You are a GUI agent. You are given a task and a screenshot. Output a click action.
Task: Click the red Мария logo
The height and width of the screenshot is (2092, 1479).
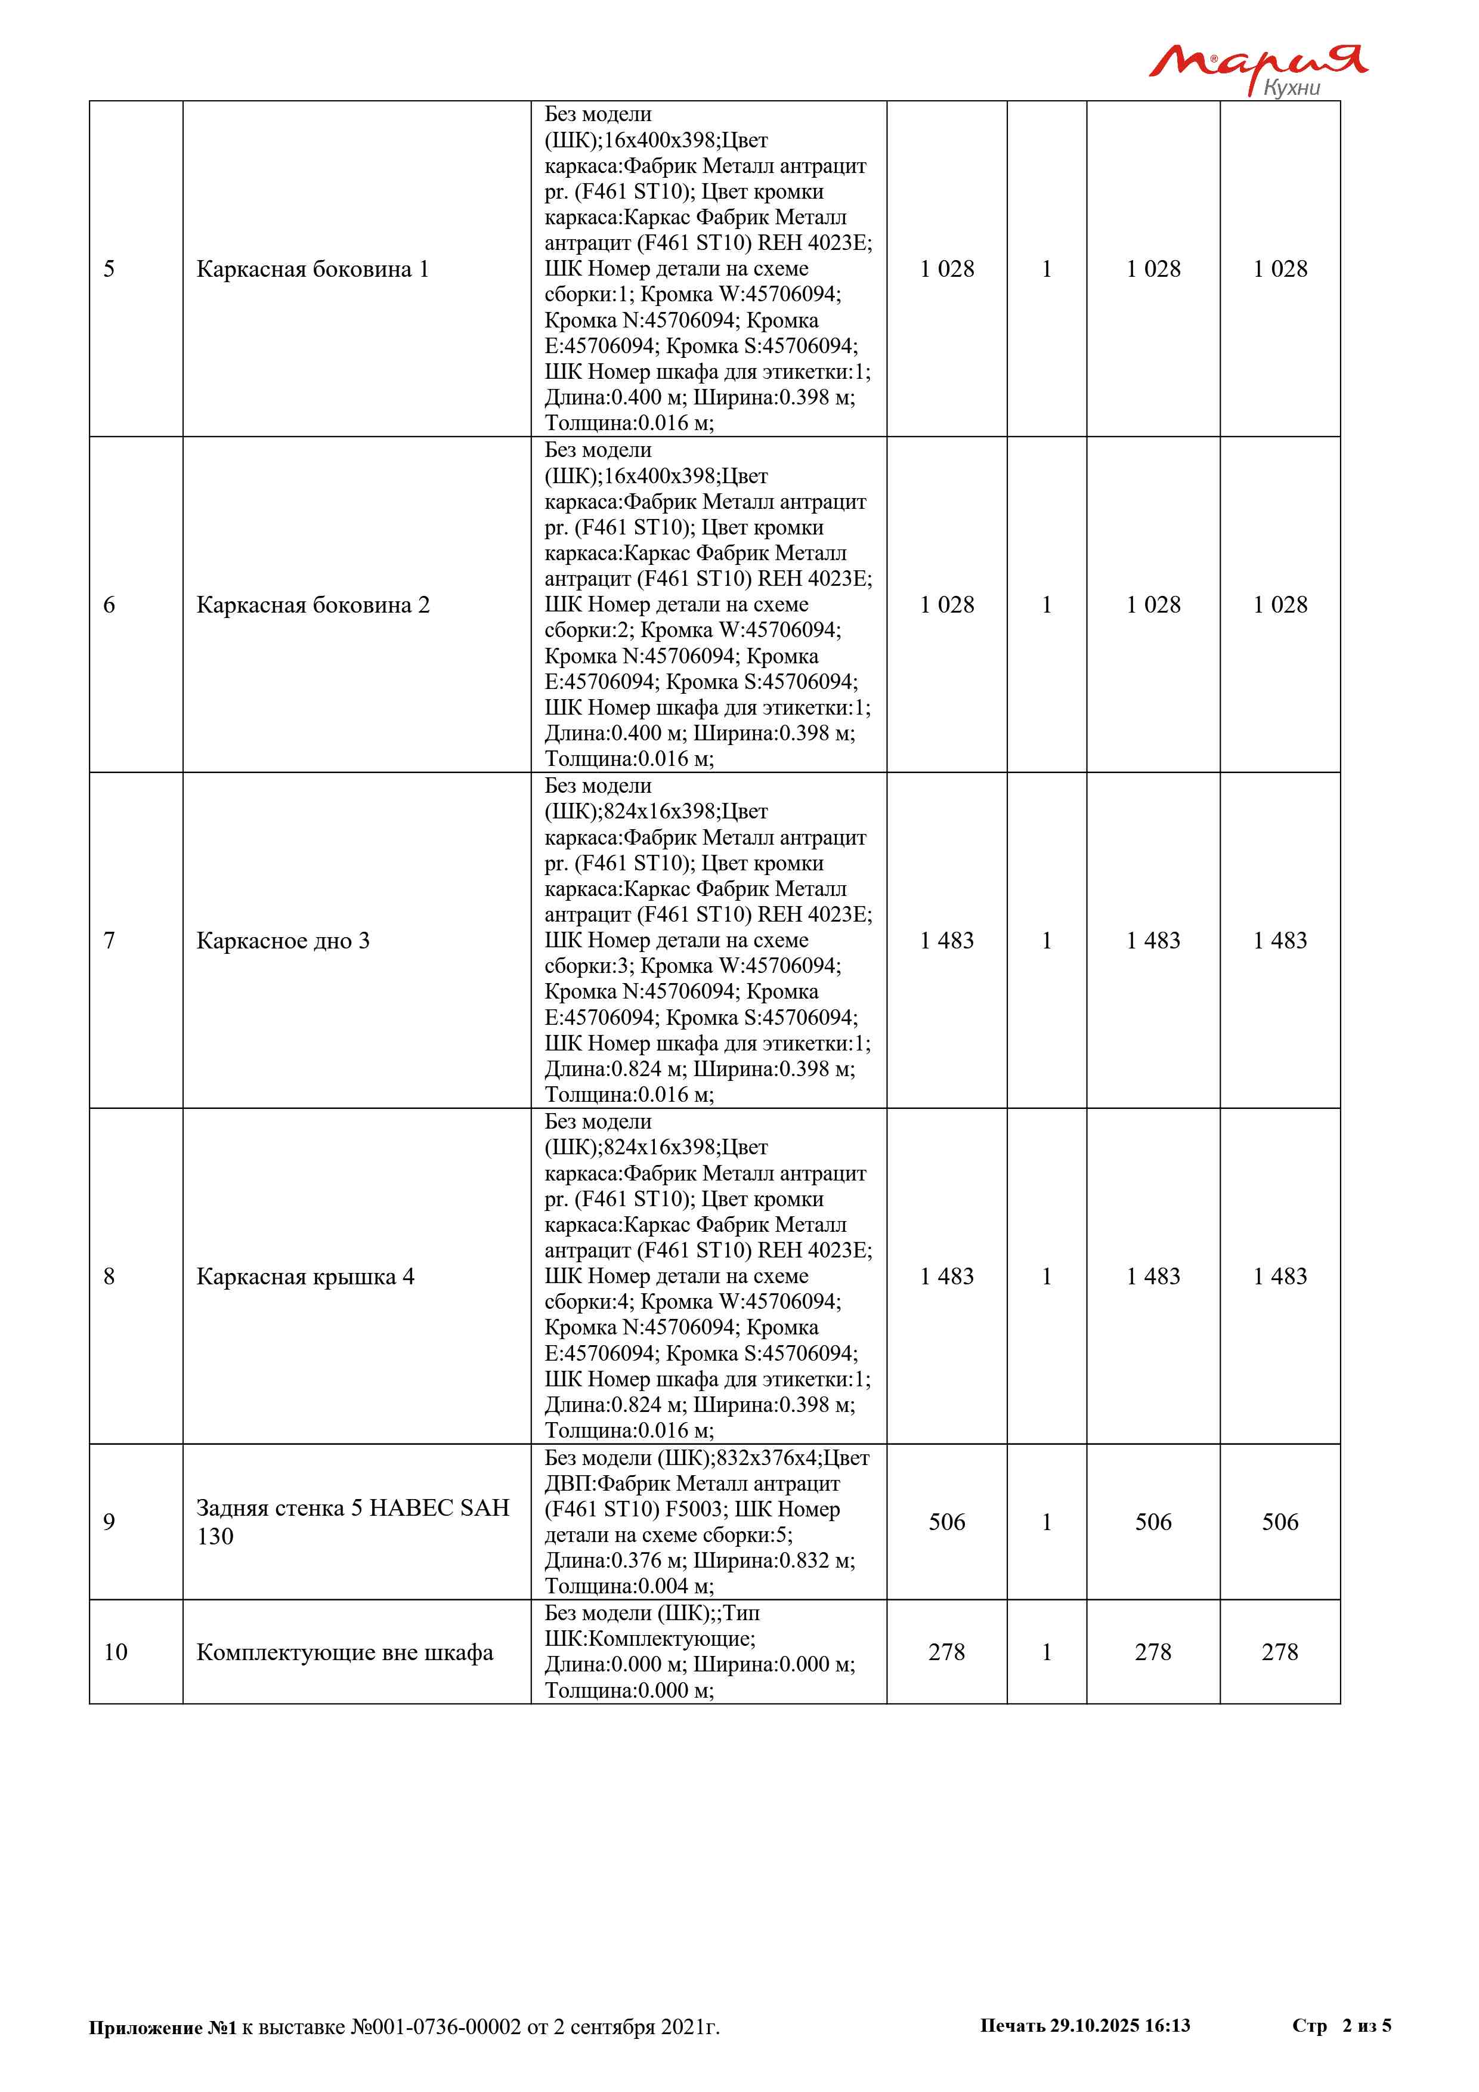pyautogui.click(x=1257, y=62)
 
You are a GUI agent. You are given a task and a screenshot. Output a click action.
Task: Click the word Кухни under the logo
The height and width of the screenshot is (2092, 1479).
pyautogui.click(x=1291, y=88)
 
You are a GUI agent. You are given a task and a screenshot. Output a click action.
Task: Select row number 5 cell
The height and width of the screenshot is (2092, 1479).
pyautogui.click(x=109, y=269)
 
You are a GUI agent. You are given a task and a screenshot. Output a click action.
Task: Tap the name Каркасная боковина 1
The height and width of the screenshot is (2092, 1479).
pyautogui.click(x=312, y=269)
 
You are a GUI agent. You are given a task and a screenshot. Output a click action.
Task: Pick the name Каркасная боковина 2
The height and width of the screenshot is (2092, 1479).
pyautogui.click(x=312, y=605)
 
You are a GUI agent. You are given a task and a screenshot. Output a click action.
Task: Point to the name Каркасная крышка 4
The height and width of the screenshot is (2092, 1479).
pyautogui.click(x=305, y=1277)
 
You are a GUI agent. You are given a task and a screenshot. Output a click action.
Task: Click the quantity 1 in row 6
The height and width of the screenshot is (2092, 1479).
pyautogui.click(x=1047, y=605)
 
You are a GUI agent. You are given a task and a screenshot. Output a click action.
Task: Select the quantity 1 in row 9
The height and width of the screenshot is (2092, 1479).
pyautogui.click(x=1047, y=1522)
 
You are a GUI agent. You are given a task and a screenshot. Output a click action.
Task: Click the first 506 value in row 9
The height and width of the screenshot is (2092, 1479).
pyautogui.click(x=946, y=1522)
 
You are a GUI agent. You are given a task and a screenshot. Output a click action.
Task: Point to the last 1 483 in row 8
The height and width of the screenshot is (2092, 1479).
pyautogui.click(x=1280, y=1277)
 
